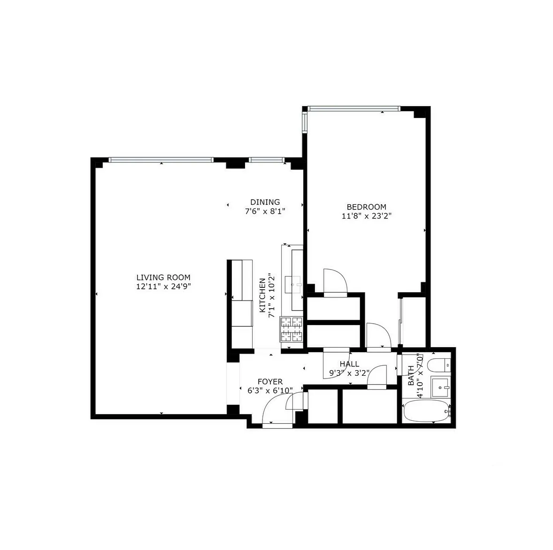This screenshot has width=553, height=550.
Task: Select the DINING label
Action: coord(265,202)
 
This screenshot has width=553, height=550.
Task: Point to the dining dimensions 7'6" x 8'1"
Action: coord(265,211)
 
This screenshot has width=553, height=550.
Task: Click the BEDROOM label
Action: coord(366,207)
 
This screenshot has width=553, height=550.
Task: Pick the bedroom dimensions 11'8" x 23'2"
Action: coord(366,216)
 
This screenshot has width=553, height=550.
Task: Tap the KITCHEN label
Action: coord(262,295)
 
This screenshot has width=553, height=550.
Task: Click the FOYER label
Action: coord(270,382)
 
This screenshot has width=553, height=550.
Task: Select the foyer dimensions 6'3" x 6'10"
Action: coord(270,390)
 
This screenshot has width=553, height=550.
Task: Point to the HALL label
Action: coord(349,364)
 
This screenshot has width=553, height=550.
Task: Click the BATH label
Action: coord(411,376)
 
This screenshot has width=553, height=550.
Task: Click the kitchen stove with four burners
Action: coord(291,329)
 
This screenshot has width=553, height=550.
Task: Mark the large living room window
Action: coord(161,160)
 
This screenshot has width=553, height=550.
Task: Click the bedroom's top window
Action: coord(353,109)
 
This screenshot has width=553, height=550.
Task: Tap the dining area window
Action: coord(266,160)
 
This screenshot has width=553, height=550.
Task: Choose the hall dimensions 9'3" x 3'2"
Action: coord(349,373)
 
